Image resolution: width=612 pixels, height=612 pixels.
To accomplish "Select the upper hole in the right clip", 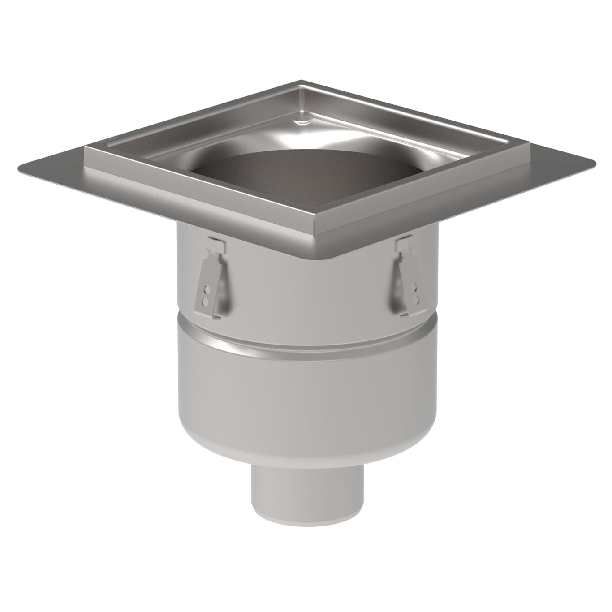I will click(418, 285).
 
